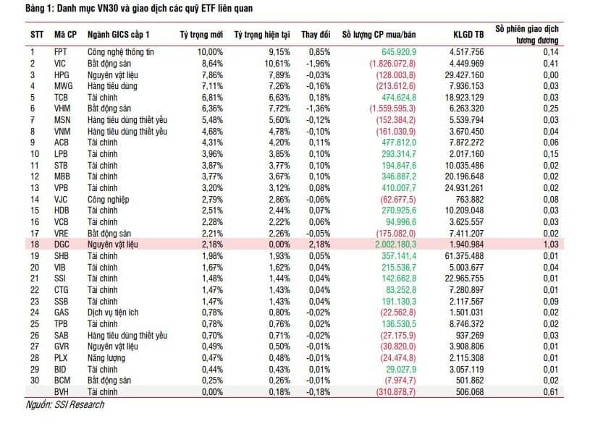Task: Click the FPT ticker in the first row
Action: [x=62, y=51]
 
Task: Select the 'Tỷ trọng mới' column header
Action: [x=201, y=35]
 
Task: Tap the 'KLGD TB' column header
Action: [x=468, y=35]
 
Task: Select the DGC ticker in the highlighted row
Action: [x=62, y=246]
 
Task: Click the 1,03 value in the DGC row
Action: [x=551, y=246]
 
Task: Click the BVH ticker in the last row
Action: [x=62, y=393]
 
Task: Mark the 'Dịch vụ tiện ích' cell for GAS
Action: [x=114, y=313]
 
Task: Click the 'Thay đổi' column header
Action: [x=316, y=35]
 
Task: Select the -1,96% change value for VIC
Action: [x=317, y=63]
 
